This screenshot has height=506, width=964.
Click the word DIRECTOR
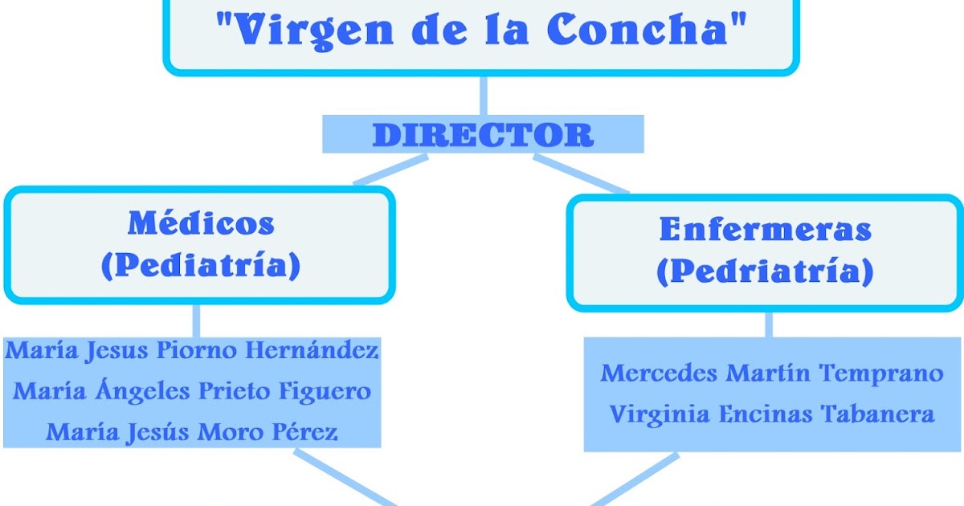tap(483, 134)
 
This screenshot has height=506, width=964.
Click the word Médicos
tap(200, 224)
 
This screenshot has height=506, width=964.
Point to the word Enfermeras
tap(765, 230)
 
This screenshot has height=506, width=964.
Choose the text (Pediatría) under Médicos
tap(200, 266)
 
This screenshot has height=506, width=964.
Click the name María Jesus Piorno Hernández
tap(192, 351)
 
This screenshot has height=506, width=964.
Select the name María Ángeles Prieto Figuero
tap(192, 391)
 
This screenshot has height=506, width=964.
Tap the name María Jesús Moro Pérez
tap(192, 432)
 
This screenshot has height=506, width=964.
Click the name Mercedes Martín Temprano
tap(772, 373)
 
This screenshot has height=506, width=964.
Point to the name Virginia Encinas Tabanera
tap(772, 414)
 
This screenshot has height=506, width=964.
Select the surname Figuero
tap(325, 391)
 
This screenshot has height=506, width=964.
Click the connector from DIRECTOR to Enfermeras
tap(580, 173)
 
